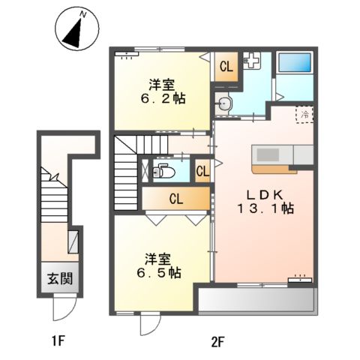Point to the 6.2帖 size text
[161, 98]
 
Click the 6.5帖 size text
[158, 273]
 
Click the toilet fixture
[162, 172]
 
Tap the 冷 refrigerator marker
[305, 115]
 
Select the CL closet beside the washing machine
[225, 66]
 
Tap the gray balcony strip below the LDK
[256, 302]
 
